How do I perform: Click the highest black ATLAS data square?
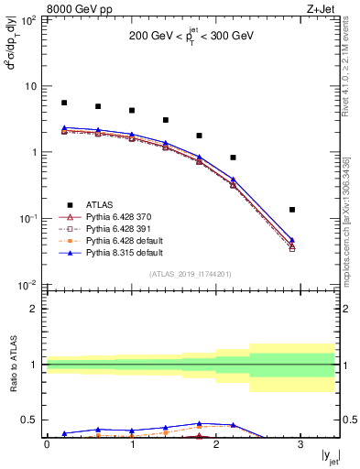pos(64,103)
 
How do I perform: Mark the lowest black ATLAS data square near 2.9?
pos(292,210)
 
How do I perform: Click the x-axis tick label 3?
pos(301,444)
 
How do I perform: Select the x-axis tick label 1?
pos(132,444)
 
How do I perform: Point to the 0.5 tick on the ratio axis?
pos(32,420)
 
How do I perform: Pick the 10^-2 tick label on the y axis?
pos(29,285)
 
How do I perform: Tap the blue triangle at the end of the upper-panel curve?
pos(292,240)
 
